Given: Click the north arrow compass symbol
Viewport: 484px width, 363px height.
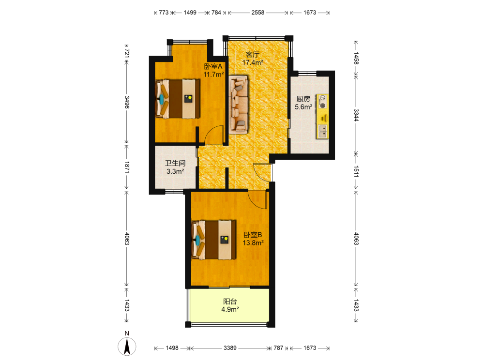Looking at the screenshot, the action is pos(127,346).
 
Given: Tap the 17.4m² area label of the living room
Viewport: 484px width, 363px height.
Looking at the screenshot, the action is pos(253,62).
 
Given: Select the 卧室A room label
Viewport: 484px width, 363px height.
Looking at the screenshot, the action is pos(213,66).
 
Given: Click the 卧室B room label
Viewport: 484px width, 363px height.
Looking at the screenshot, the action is pos(253,235).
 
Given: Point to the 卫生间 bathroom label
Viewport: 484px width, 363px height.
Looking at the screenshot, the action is pos(175,163).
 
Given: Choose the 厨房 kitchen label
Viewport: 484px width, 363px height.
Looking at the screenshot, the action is pos(303,99).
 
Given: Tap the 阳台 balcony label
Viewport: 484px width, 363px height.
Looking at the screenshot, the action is pos(230,301).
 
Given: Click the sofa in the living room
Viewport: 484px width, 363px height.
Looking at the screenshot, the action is pos(239,105).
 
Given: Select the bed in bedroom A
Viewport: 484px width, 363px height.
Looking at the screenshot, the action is pos(178,99).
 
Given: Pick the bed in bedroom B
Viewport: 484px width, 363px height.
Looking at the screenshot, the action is pos(213,240).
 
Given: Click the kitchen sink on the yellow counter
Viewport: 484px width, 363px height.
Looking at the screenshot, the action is pos(323,131).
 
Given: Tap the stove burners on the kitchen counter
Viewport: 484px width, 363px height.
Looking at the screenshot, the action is pos(322,102).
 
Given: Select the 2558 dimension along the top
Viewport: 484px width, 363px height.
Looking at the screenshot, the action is pos(258,13).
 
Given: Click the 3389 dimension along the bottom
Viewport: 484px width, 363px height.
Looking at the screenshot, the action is pos(230,348).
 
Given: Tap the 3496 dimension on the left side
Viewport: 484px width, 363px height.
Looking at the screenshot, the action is pos(127,102).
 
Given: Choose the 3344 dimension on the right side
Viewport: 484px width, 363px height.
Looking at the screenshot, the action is pos(356,115).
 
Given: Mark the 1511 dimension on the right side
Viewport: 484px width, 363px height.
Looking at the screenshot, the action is pos(356,171).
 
